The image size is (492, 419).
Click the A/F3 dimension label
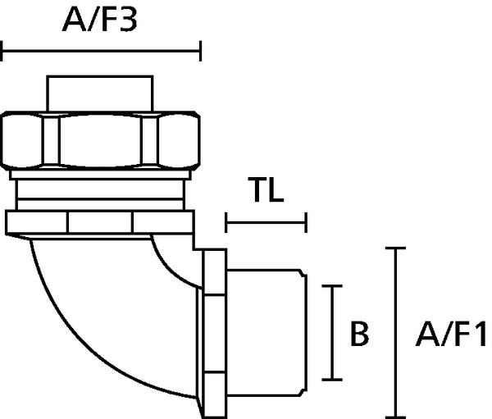[x=100, y=20]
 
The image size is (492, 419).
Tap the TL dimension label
[x=266, y=189]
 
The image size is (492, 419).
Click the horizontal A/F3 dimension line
[x=101, y=51]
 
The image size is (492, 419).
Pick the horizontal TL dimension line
[x=266, y=222]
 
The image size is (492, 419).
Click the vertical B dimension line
[x=332, y=333]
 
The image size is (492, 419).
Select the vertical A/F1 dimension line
[x=395, y=333]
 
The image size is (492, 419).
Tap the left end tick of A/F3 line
[x=2, y=51]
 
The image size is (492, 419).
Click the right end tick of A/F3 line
[x=200, y=51]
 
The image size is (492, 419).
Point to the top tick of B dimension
[x=332, y=286]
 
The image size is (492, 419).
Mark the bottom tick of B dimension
[x=332, y=380]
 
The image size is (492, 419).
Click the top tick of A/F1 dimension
[x=395, y=248]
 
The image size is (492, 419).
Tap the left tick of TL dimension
[x=226, y=222]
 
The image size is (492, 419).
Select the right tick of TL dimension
[x=306, y=222]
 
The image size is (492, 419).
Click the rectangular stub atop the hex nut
[x=100, y=93]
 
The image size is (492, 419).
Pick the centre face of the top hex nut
[x=100, y=140]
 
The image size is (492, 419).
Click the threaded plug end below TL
[x=266, y=332]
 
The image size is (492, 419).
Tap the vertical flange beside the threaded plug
[x=215, y=334]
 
